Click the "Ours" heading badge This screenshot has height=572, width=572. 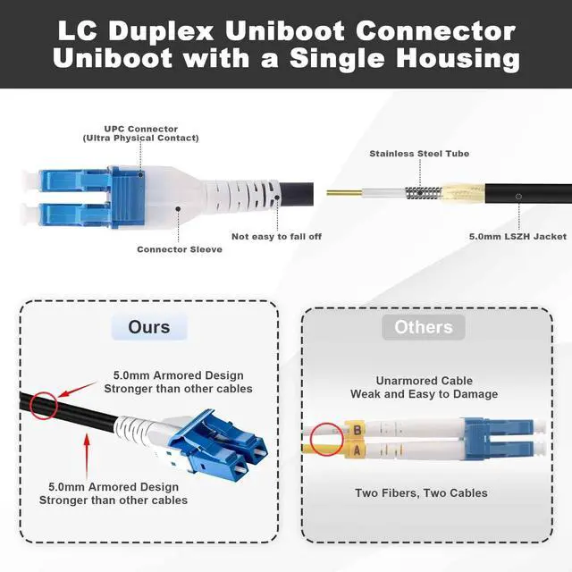click(149, 327)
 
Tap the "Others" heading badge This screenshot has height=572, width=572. click(424, 327)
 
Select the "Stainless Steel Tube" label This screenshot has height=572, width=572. click(419, 154)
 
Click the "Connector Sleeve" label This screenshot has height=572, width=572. click(180, 249)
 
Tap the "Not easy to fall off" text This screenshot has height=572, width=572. click(276, 236)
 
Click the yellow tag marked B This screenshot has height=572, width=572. click(357, 429)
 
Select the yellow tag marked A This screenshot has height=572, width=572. click(357, 450)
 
